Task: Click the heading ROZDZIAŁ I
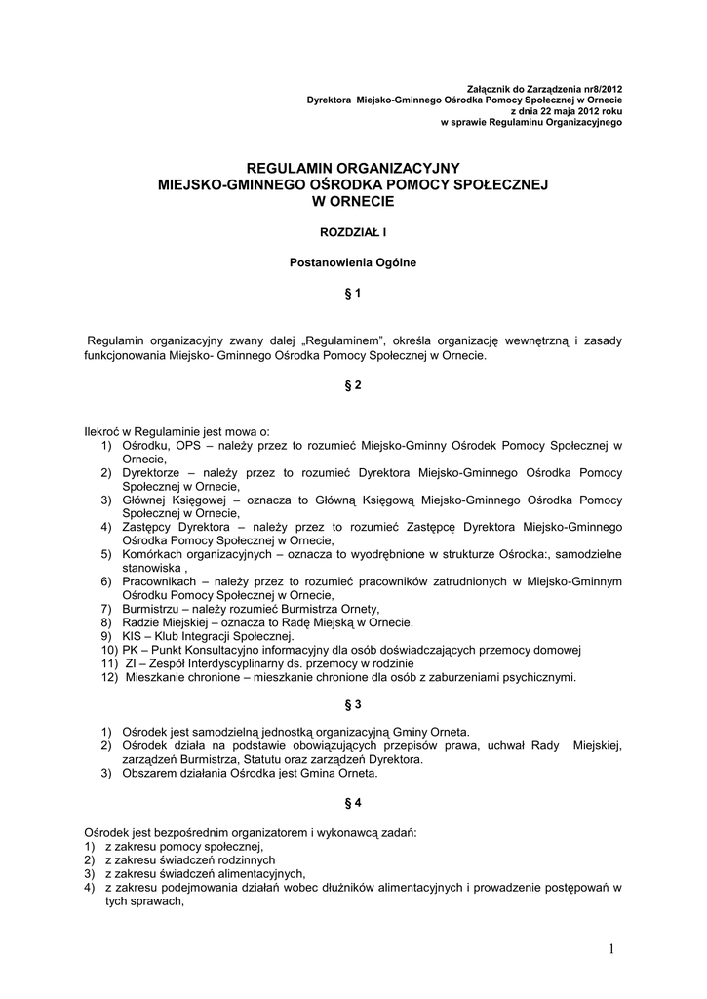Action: click(353, 232)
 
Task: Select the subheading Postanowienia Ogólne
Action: click(353, 262)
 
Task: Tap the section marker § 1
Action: click(353, 293)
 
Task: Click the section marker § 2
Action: click(353, 385)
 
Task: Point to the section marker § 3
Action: click(353, 703)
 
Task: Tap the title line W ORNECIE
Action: click(353, 201)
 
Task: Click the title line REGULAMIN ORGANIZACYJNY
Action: click(353, 168)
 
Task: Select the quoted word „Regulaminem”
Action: click(342, 340)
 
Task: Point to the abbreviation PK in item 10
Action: click(131, 650)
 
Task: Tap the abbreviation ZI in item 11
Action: click(131, 663)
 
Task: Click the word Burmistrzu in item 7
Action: click(152, 609)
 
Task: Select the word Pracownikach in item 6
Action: click(159, 581)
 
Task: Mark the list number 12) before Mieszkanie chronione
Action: click(108, 677)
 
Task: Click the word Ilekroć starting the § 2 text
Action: click(104, 431)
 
